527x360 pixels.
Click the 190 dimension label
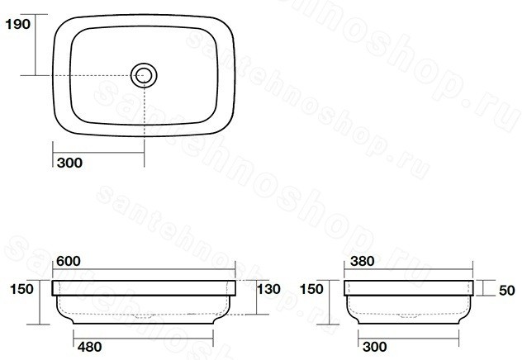point(18,24)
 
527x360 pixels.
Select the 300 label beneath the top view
point(69,163)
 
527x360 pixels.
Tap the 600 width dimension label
point(69,261)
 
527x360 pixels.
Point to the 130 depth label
point(268,289)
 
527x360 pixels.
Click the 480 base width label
point(90,347)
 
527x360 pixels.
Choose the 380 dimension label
point(362,261)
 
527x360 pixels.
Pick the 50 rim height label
point(507,291)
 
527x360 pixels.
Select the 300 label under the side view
point(375,347)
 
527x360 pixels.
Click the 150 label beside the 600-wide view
point(21,289)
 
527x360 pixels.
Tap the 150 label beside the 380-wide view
point(311,289)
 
